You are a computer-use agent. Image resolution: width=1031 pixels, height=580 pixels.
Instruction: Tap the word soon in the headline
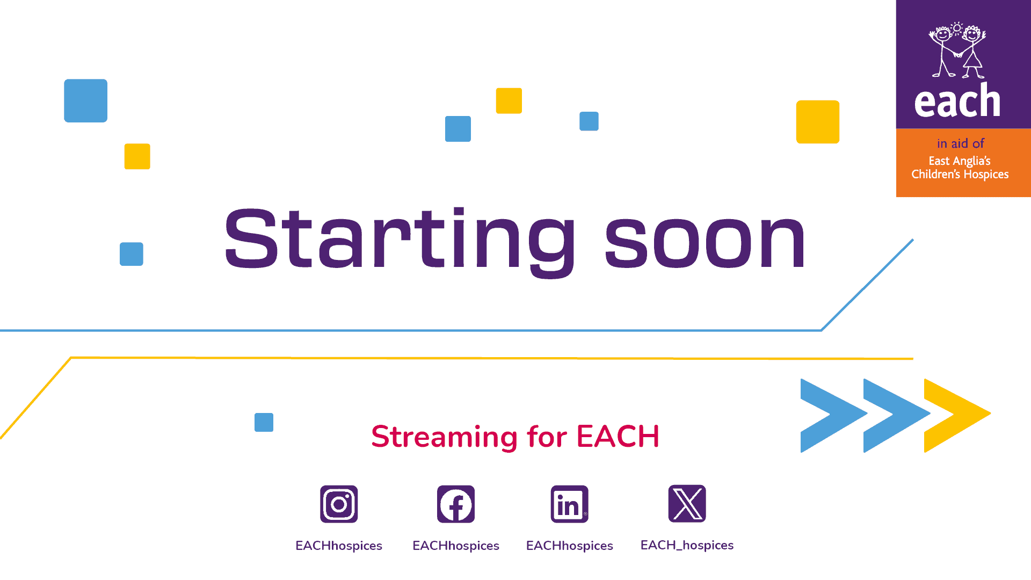pyautogui.click(x=705, y=241)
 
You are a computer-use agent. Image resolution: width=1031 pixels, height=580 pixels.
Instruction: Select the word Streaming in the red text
pyautogui.click(x=444, y=437)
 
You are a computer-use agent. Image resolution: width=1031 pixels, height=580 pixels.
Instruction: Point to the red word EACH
pyautogui.click(x=618, y=436)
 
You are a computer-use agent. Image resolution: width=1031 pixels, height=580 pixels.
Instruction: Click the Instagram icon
pyautogui.click(x=339, y=504)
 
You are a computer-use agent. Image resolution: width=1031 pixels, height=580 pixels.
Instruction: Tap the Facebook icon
pyautogui.click(x=456, y=504)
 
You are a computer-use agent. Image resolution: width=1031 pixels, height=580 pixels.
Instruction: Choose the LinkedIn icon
pyautogui.click(x=570, y=504)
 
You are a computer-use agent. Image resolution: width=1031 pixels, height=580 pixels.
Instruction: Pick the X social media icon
pyautogui.click(x=687, y=504)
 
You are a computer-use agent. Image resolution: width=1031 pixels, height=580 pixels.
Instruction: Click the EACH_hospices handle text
pyautogui.click(x=687, y=546)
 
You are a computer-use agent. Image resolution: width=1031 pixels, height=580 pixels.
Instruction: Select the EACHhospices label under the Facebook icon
pyautogui.click(x=456, y=546)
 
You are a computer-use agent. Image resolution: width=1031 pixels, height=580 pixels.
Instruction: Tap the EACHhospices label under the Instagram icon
pyautogui.click(x=339, y=546)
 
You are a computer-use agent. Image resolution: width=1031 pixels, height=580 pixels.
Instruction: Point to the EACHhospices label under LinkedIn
pyautogui.click(x=570, y=546)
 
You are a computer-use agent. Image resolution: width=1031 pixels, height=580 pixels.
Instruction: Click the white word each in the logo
pyautogui.click(x=957, y=100)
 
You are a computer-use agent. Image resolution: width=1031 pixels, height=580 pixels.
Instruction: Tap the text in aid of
pyautogui.click(x=961, y=143)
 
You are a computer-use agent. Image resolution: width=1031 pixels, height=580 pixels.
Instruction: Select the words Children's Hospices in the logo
pyautogui.click(x=960, y=175)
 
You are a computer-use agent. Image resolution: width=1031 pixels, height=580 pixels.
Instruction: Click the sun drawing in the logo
pyautogui.click(x=957, y=28)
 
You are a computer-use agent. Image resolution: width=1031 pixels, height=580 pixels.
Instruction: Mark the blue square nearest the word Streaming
pyautogui.click(x=264, y=423)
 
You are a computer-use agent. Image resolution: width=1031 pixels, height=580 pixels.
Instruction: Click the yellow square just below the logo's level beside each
pyautogui.click(x=818, y=122)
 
